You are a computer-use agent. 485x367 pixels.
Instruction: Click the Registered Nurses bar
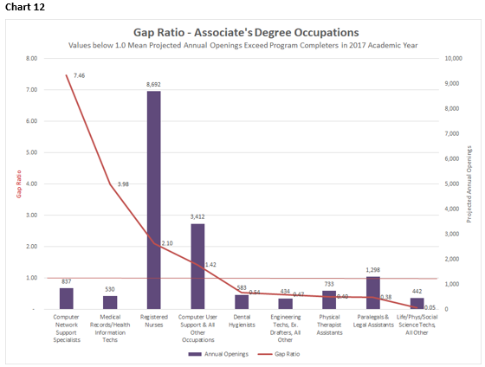point(153,199)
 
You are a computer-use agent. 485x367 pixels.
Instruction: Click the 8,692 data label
point(153,85)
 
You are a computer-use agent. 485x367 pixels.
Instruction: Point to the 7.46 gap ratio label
point(80,76)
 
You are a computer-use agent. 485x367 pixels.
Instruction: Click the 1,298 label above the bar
point(372,270)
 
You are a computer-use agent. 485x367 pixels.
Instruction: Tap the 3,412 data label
point(197,217)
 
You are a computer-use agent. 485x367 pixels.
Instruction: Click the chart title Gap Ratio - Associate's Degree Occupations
point(246,32)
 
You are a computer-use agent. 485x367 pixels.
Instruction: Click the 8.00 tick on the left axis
point(31,59)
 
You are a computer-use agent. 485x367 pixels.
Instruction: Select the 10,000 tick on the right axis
point(454,59)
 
